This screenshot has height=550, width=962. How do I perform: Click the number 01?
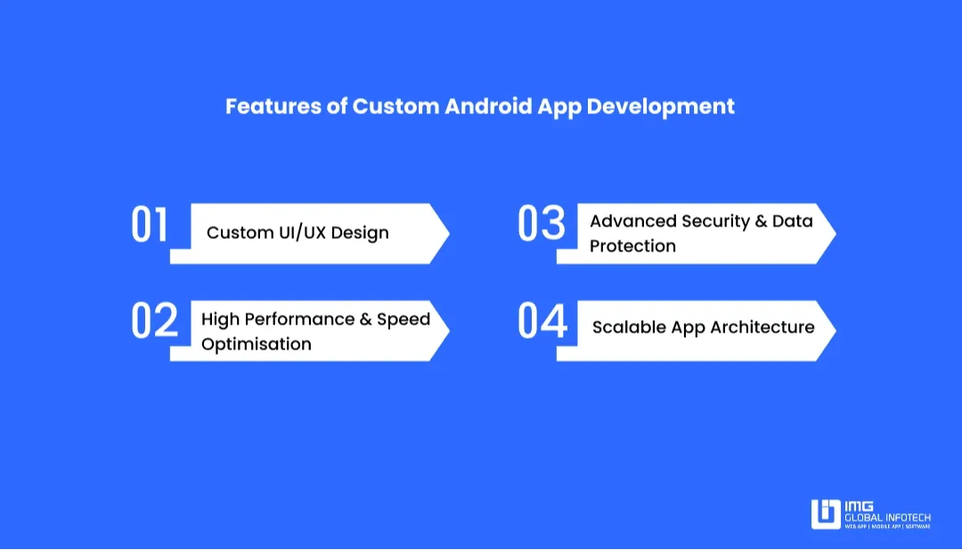coord(150,226)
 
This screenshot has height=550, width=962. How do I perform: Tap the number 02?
coord(155,321)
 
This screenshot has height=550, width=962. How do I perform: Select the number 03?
coord(542,225)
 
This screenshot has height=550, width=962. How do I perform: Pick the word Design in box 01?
coord(360,233)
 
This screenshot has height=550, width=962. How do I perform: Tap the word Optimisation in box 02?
coord(257,344)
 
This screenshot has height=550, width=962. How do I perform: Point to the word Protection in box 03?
coord(632,246)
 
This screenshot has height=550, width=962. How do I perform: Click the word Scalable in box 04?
coord(628,327)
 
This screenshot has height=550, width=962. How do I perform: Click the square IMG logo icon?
coord(826,514)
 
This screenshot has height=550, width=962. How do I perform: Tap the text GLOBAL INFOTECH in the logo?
coord(887,517)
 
